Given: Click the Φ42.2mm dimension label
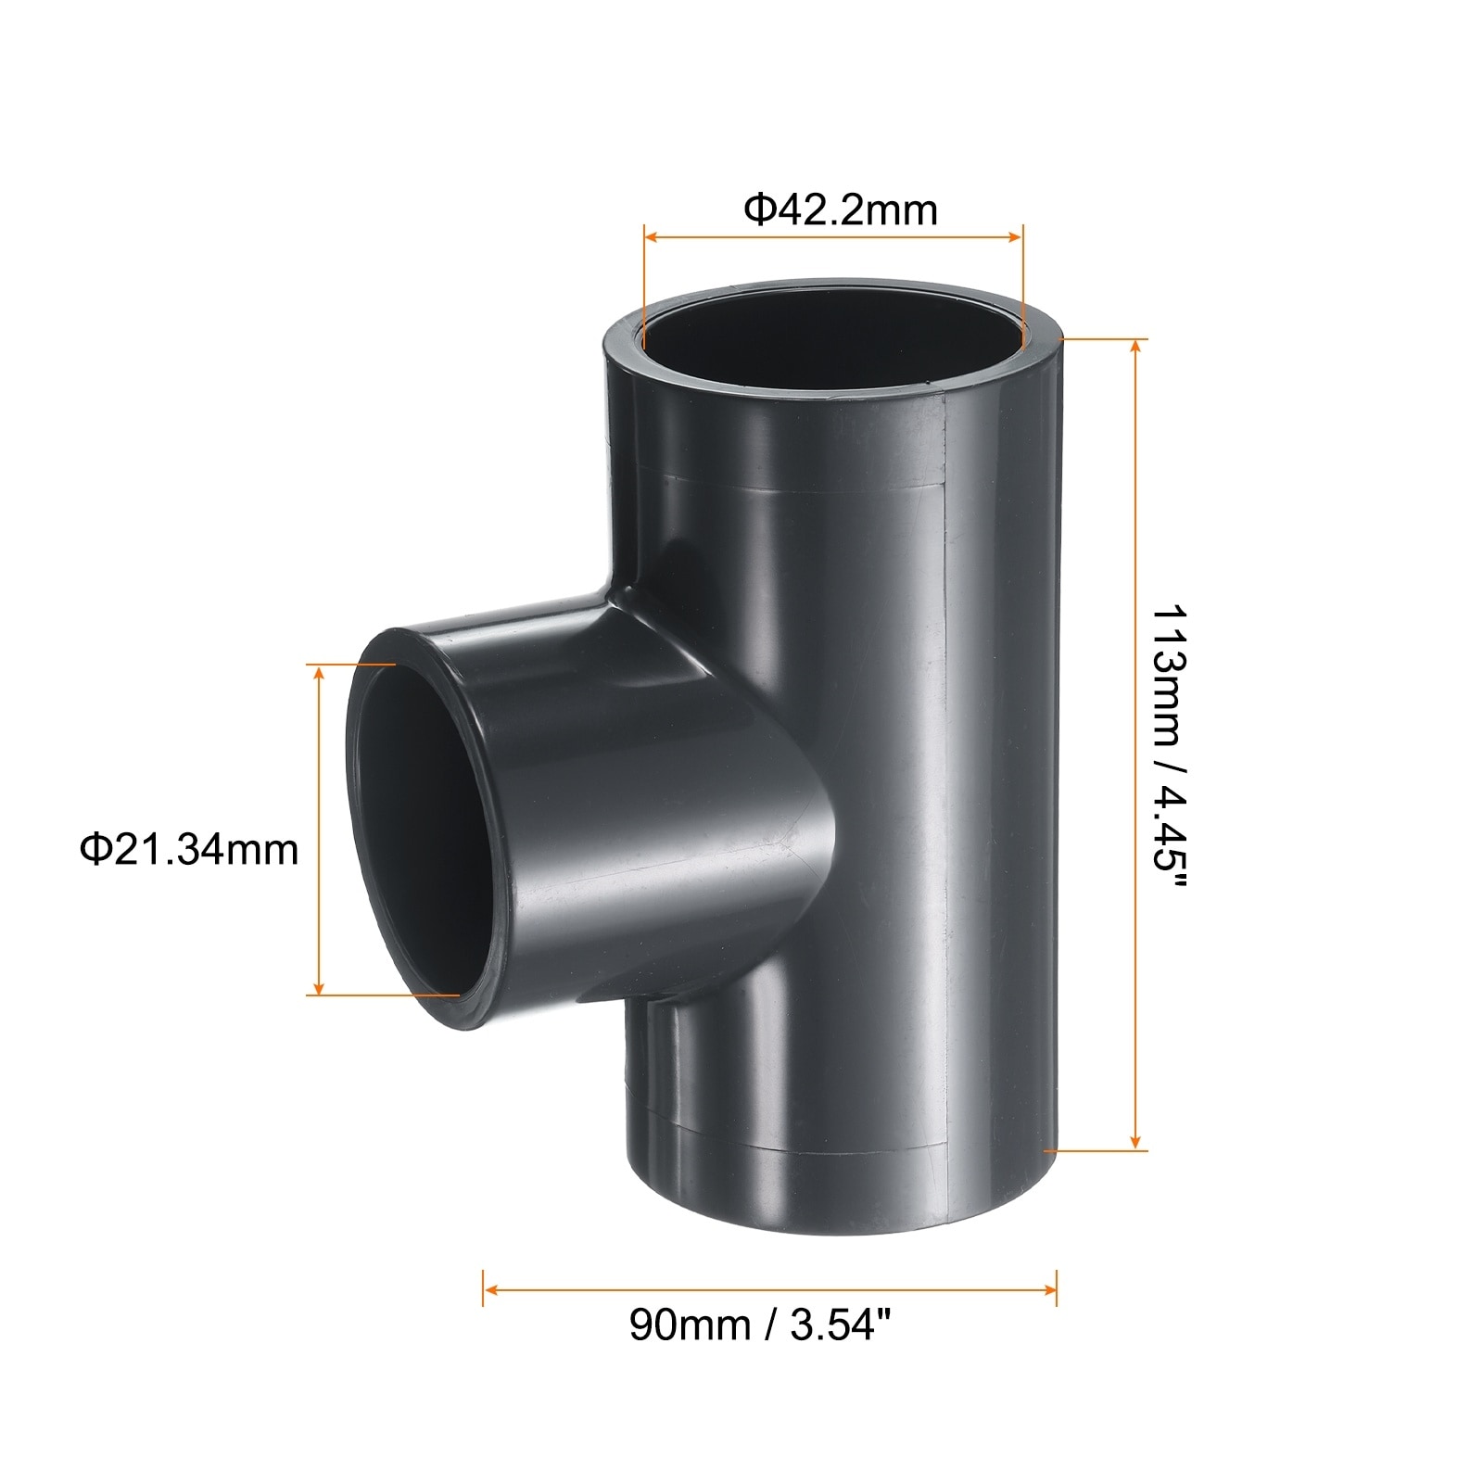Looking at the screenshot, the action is [841, 210].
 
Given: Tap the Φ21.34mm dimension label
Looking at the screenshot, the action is [190, 849].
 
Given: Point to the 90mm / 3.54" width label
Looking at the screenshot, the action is [766, 1325].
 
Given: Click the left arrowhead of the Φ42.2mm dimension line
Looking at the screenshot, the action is [652, 238].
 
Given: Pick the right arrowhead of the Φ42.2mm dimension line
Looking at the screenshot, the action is [1014, 238].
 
